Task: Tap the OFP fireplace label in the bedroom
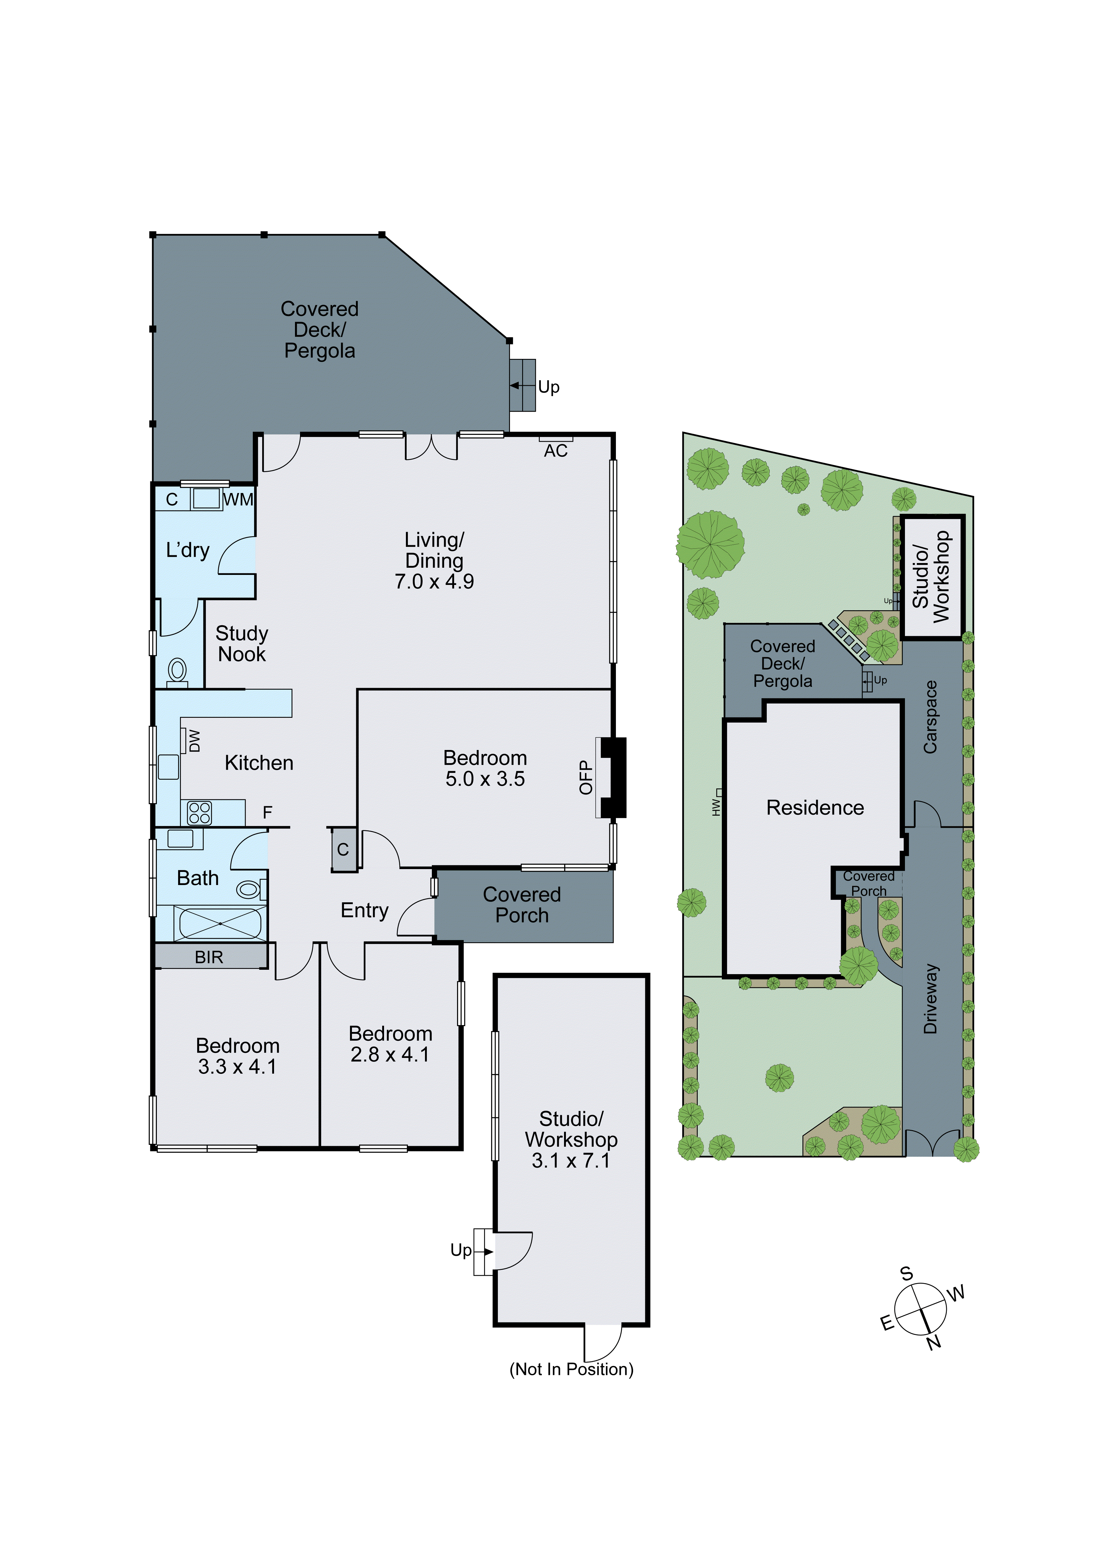pos(586,777)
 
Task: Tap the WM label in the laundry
pos(238,500)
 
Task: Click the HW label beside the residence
pos(716,807)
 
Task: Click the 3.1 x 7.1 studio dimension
pos(571,1161)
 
